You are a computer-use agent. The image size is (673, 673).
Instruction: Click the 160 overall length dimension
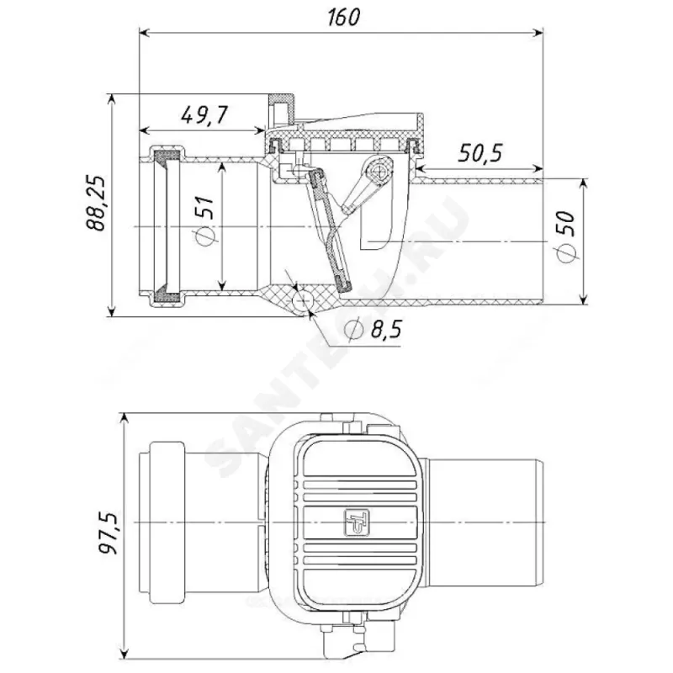pyautogui.click(x=343, y=18)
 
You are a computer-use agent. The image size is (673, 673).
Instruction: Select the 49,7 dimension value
pyautogui.click(x=204, y=115)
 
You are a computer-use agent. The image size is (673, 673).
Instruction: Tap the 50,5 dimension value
pyautogui.click(x=480, y=153)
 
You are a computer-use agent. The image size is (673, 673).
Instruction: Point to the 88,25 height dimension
pyautogui.click(x=96, y=203)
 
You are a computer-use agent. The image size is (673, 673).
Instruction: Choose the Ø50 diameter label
pyautogui.click(x=566, y=236)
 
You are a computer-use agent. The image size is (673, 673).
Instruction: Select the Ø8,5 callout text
pyautogui.click(x=373, y=330)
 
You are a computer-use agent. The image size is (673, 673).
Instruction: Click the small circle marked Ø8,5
pyautogui.click(x=302, y=300)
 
